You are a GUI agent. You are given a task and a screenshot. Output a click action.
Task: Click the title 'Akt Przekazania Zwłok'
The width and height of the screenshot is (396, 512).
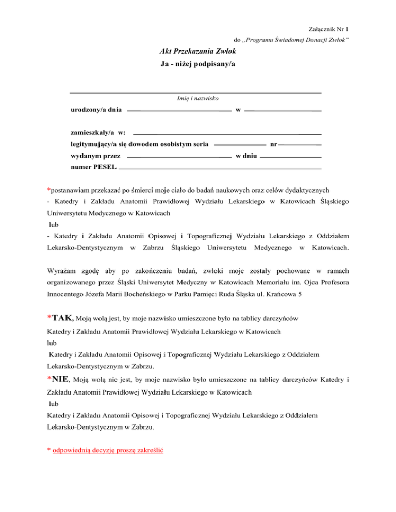pyautogui.click(x=198, y=53)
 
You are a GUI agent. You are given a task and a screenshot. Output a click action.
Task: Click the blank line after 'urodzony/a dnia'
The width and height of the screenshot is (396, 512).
pyautogui.click(x=178, y=111)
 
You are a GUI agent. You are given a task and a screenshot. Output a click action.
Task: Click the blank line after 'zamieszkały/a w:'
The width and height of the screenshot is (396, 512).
pyautogui.click(x=227, y=134)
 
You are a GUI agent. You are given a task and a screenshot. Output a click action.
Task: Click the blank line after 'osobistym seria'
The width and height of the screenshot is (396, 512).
pyautogui.click(x=240, y=145)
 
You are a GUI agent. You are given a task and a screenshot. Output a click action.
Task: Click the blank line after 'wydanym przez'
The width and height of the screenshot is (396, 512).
pyautogui.click(x=178, y=156)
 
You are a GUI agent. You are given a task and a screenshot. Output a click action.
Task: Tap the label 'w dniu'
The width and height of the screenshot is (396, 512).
pyautogui.click(x=246, y=156)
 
